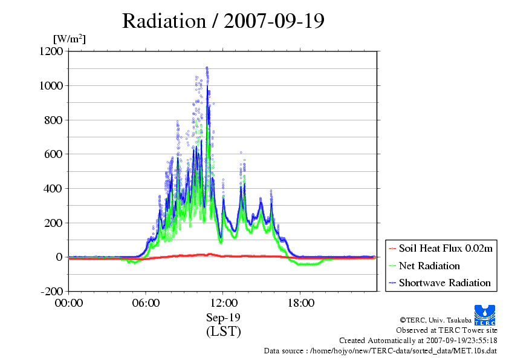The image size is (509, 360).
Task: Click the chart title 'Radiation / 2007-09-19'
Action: click(x=223, y=21)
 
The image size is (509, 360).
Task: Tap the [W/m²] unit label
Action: click(x=70, y=39)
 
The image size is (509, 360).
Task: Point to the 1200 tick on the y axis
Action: click(x=51, y=51)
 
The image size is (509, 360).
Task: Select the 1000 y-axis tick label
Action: click(x=51, y=85)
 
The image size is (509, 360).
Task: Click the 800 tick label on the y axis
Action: click(x=54, y=120)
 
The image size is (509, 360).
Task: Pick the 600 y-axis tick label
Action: click(x=54, y=154)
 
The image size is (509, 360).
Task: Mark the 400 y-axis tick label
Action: click(x=54, y=188)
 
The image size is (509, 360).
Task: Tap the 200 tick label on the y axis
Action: click(x=54, y=223)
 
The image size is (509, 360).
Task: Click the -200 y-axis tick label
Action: click(x=52, y=291)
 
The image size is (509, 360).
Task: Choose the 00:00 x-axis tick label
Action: click(x=69, y=303)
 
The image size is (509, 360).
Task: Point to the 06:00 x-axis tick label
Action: click(x=146, y=303)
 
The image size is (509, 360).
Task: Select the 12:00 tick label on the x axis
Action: click(x=223, y=303)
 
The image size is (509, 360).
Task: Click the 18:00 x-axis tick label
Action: click(x=300, y=303)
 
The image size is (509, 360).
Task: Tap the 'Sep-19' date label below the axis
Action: click(x=223, y=318)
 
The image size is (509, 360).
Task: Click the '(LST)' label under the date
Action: click(x=223, y=332)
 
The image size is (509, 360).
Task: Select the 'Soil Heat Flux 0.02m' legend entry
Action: click(x=446, y=249)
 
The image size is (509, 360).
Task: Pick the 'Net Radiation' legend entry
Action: click(x=429, y=266)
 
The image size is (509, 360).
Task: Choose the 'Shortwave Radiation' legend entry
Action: click(x=445, y=283)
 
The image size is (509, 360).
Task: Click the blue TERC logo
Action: click(x=485, y=315)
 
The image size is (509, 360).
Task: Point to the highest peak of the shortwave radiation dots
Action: click(x=207, y=68)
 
